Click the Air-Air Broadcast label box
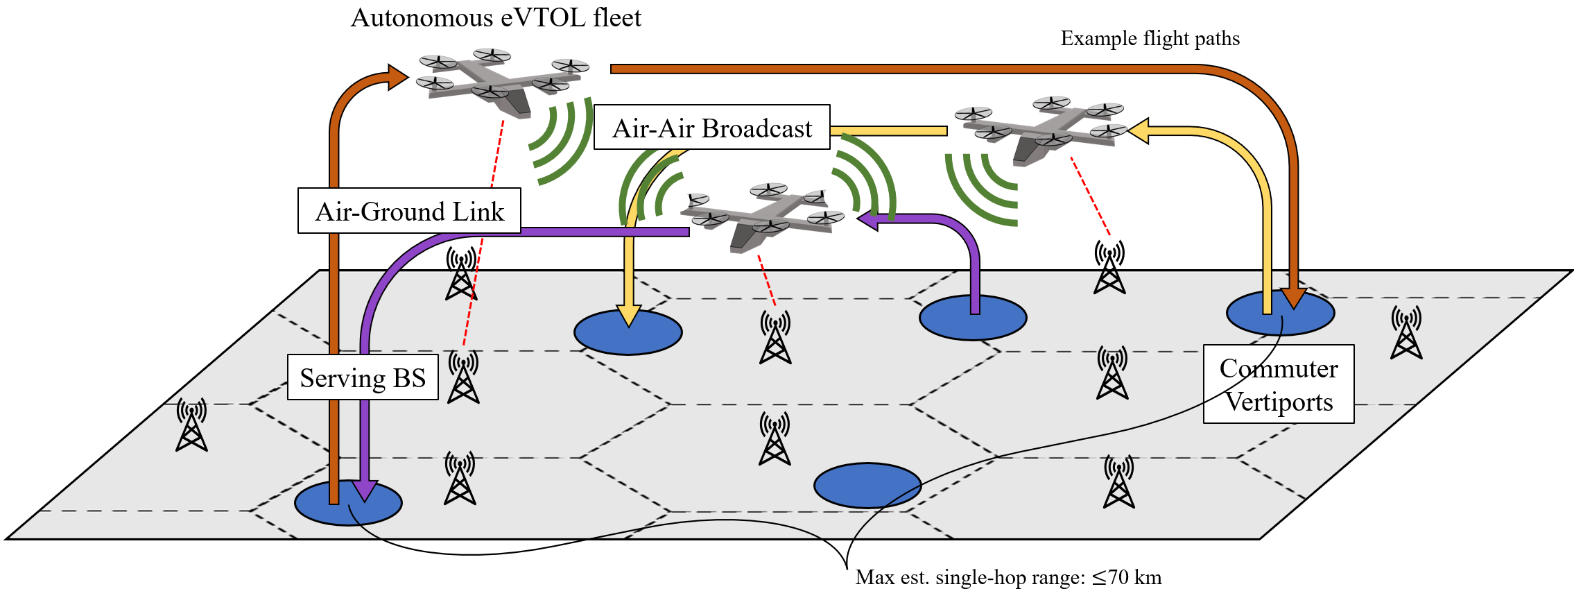[712, 128]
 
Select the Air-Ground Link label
[409, 211]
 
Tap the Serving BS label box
[363, 377]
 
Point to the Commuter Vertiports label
[1279, 384]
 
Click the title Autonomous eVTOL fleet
[496, 17]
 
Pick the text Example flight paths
[1150, 38]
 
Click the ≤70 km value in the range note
[1127, 577]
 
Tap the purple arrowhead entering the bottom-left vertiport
[364, 490]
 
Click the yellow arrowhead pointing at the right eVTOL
[1139, 130]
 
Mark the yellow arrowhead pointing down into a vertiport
[628, 316]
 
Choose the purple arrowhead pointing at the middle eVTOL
[867, 219]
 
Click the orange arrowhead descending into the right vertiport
[1294, 298]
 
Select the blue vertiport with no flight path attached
[867, 486]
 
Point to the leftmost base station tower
[191, 425]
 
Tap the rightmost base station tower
[1406, 333]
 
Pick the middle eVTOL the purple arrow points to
[763, 216]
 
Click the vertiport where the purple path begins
[973, 318]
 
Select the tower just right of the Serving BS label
[463, 378]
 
